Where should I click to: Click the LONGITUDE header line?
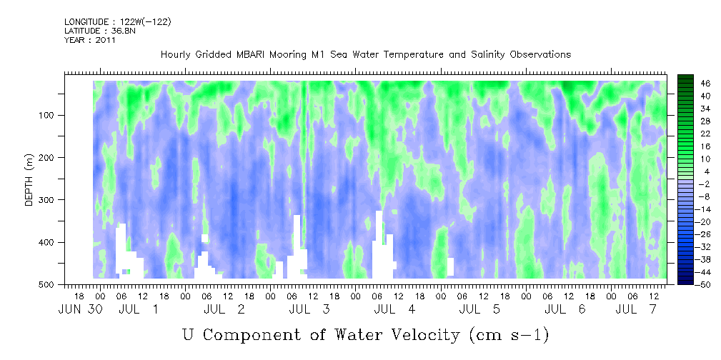tap(118, 21)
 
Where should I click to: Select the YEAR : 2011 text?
tap(89, 39)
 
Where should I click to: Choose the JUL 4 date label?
tap(394, 309)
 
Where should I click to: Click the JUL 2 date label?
tap(224, 309)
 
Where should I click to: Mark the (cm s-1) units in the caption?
tap(510, 335)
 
